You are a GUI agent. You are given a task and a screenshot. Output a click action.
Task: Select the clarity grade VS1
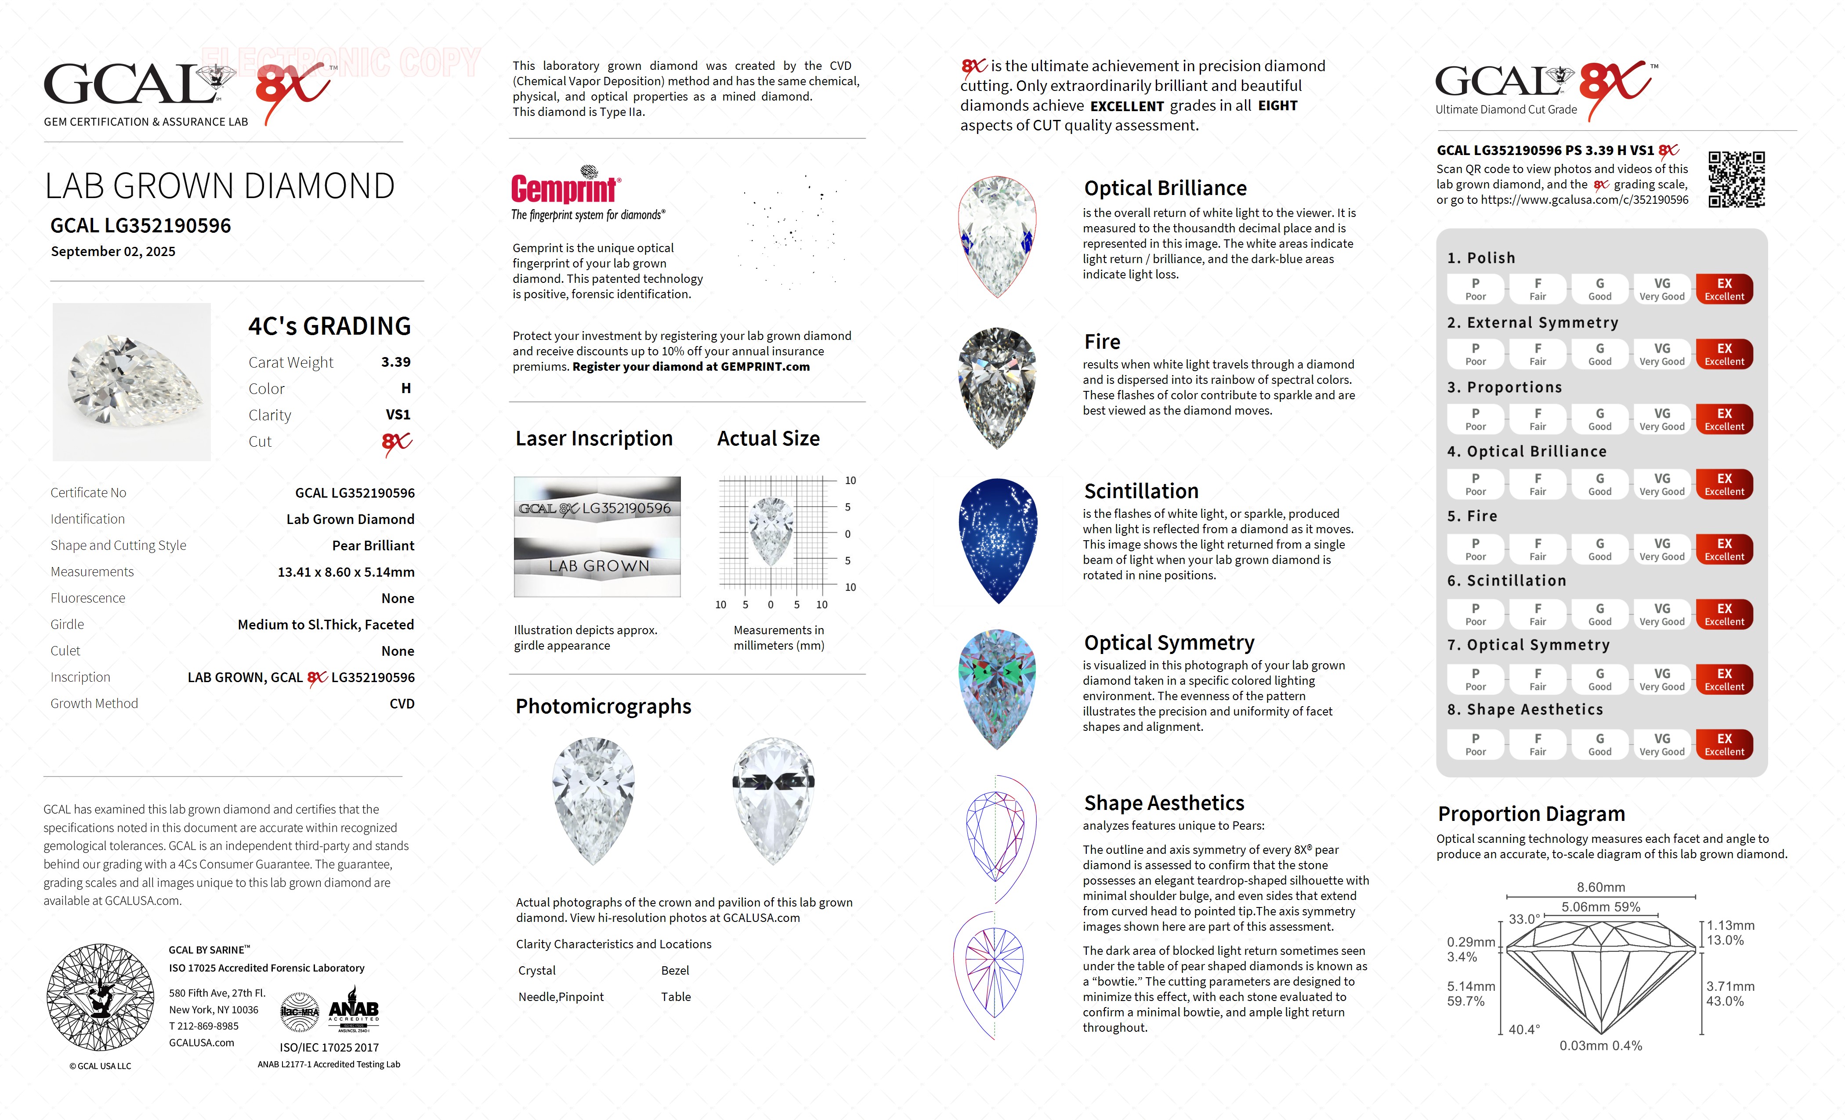coord(398,415)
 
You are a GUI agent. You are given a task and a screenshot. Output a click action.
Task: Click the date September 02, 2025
coord(113,252)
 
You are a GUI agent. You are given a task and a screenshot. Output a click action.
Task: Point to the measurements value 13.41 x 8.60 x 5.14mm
coord(346,572)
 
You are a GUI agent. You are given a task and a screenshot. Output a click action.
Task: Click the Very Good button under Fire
coord(1661,549)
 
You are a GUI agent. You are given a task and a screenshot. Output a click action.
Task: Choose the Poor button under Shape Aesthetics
coord(1475,744)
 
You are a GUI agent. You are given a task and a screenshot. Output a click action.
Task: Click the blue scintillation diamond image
coord(998,541)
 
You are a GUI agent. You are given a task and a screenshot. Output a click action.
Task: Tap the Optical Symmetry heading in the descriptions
coord(1169,643)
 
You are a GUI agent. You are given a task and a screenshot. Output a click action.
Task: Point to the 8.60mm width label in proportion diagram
coord(1601,887)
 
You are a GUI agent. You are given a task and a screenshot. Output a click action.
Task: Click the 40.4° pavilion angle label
coord(1524,1030)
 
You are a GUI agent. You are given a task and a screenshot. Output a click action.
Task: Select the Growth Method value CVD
coord(402,704)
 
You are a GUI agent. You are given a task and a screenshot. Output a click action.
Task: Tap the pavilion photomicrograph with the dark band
coord(774,799)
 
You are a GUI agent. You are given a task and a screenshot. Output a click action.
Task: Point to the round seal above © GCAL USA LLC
coord(100,997)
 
